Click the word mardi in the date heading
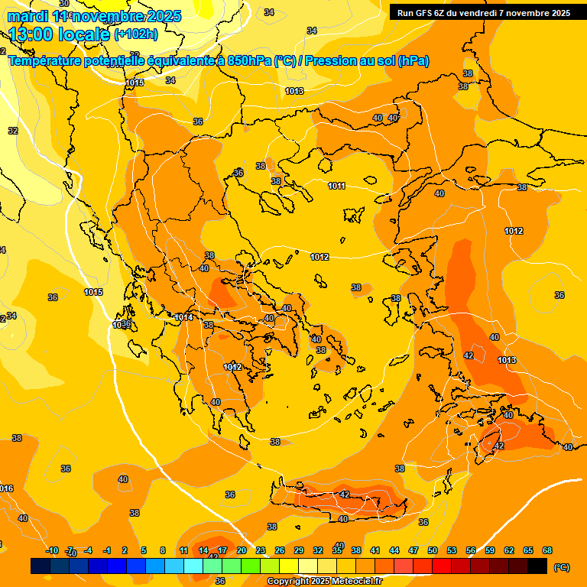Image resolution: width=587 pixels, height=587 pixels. (x=27, y=16)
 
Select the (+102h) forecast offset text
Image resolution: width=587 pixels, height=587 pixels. (x=136, y=34)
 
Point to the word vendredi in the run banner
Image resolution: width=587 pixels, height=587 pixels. (x=497, y=12)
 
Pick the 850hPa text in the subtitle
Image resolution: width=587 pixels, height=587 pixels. (x=249, y=60)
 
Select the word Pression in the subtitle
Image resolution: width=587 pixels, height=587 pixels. (x=332, y=60)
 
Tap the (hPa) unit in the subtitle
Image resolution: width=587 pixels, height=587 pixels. (x=413, y=60)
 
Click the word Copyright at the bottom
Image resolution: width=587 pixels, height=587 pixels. (x=288, y=582)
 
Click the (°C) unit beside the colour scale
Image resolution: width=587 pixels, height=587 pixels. (x=561, y=566)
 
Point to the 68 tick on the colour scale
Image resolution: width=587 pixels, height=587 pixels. (x=547, y=550)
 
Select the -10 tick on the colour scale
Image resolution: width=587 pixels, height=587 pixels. (x=52, y=550)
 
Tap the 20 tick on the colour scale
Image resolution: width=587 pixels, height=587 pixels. (x=242, y=550)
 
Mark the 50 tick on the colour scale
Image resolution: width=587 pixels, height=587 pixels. (x=433, y=550)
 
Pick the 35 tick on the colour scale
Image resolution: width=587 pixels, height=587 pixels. (x=337, y=550)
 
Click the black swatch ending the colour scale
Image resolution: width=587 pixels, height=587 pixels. (x=537, y=566)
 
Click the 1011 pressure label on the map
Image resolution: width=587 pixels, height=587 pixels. (x=336, y=186)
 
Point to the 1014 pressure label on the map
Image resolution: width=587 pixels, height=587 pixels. (x=183, y=317)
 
